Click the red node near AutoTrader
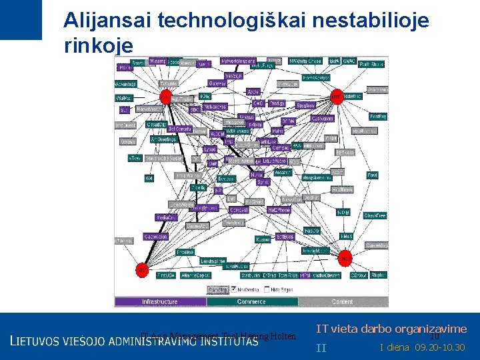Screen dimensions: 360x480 click(x=165, y=97)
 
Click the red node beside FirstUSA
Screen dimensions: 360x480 click(x=142, y=270)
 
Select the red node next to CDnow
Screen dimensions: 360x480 click(x=345, y=257)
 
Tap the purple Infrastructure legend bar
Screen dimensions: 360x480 click(x=160, y=301)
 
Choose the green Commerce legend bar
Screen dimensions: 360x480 click(x=251, y=301)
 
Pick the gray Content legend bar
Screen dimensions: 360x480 click(x=343, y=301)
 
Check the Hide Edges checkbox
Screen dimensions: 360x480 click(x=267, y=289)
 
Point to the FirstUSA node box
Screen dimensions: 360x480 click(x=166, y=274)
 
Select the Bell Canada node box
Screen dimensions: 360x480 click(x=179, y=129)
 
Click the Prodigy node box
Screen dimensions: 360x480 click(x=277, y=103)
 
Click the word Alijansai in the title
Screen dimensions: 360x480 click(x=107, y=21)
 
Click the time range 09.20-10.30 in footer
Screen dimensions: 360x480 click(x=440, y=347)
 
